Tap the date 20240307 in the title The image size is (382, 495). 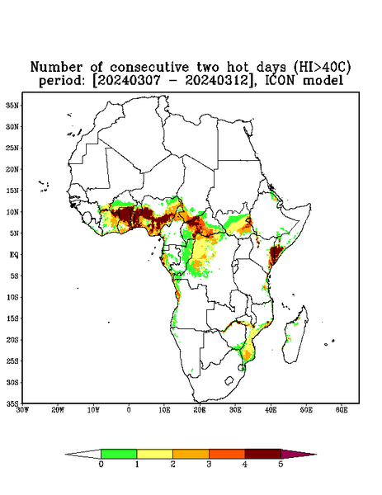129,80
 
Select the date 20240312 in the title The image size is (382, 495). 216,80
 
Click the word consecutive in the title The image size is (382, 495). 149,67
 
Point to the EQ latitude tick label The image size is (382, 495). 14,254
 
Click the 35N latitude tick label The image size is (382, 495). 12,105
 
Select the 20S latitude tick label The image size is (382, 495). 12,340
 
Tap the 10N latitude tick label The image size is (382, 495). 12,212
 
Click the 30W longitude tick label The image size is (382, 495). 22,410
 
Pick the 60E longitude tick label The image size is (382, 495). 342,410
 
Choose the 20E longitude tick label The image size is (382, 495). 200,410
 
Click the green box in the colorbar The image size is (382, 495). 119,454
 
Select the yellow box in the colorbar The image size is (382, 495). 154,454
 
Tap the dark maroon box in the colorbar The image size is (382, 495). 263,454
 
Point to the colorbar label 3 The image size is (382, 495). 209,464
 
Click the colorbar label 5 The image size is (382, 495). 281,464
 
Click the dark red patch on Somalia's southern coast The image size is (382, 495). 276,254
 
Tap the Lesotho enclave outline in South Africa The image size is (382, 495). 229,380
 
